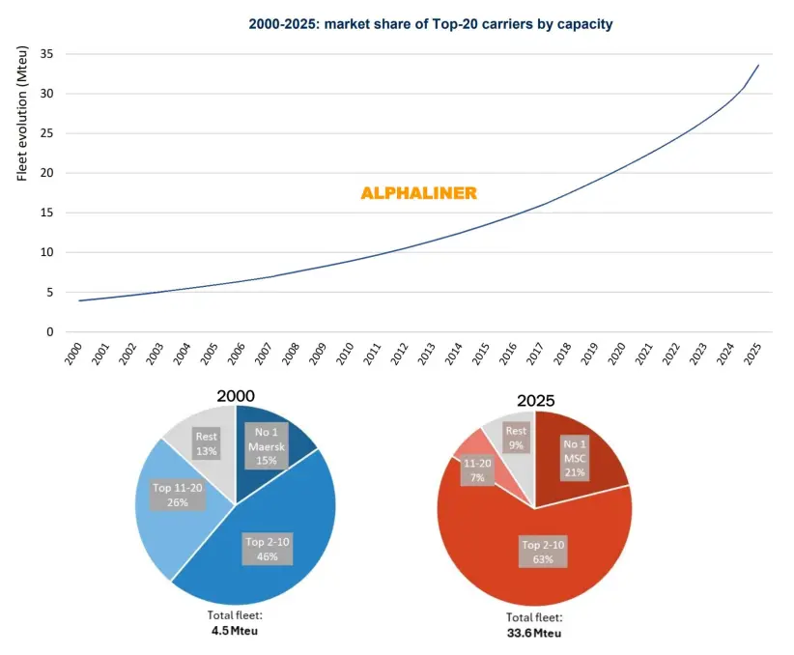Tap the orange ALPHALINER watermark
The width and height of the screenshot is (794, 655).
[418, 193]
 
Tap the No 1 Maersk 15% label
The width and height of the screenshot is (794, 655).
[266, 446]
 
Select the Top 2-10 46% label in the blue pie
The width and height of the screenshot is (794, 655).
[267, 549]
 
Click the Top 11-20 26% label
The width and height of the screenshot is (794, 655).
[177, 496]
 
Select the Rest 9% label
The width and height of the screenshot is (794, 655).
[517, 439]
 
